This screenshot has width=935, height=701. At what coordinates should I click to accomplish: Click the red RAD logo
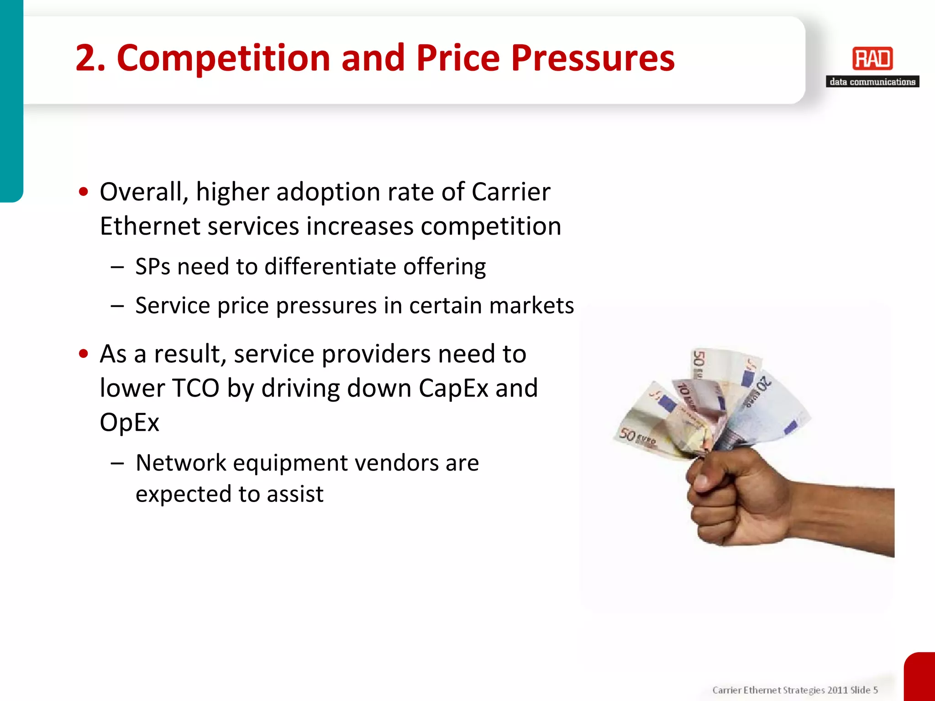[872, 59]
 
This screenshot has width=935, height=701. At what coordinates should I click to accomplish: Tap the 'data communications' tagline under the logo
[872, 82]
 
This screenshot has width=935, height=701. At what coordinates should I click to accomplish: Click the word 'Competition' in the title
[223, 58]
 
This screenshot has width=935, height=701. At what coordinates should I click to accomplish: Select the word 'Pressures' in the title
[593, 58]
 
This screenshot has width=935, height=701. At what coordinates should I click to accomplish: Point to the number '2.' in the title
[90, 58]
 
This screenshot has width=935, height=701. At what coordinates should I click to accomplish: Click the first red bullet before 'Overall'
[83, 192]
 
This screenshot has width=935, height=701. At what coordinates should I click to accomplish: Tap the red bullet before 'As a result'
[83, 354]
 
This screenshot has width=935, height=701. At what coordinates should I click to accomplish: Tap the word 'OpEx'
[129, 422]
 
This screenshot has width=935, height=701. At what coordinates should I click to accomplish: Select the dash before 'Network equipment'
[117, 463]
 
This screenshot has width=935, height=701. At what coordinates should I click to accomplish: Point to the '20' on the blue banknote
[764, 383]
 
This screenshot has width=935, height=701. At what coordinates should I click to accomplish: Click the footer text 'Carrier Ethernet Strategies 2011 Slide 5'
[795, 690]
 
